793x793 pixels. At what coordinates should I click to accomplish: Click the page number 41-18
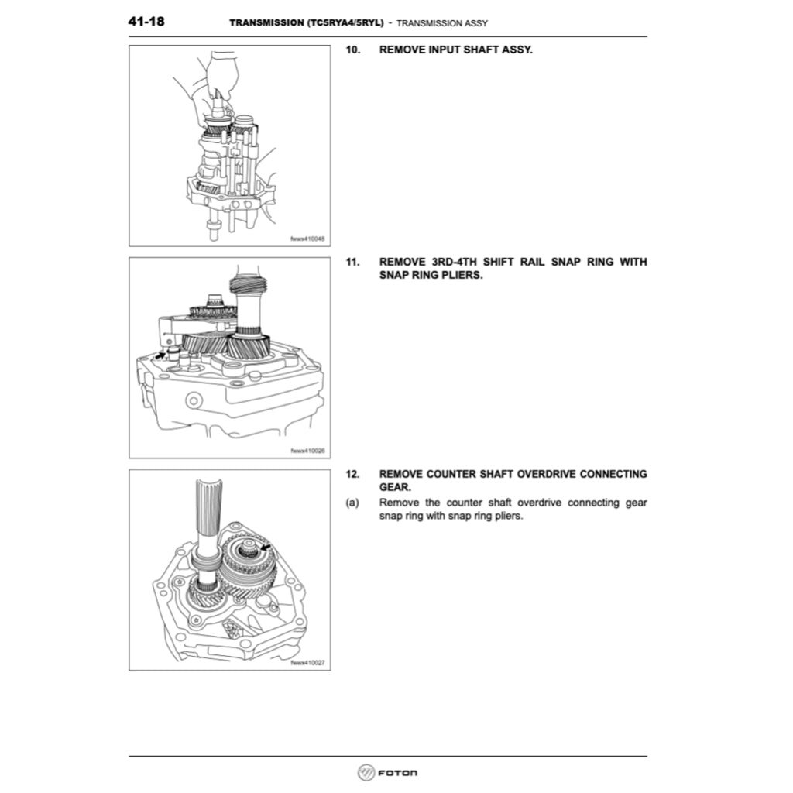[x=146, y=22]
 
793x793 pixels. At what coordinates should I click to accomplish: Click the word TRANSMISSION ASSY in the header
[x=442, y=23]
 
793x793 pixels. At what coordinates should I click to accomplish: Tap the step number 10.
[x=352, y=50]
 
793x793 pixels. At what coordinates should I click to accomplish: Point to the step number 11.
[x=352, y=262]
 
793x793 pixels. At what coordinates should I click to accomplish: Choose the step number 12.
[x=352, y=473]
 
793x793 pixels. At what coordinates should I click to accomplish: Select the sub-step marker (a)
[x=352, y=503]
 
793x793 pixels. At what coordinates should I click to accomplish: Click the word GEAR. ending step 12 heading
[x=395, y=487]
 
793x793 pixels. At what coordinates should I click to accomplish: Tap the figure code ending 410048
[x=307, y=239]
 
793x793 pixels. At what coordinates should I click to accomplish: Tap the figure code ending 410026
[x=307, y=450]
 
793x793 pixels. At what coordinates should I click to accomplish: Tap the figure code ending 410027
[x=307, y=662]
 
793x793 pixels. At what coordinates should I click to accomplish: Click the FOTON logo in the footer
[x=387, y=773]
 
